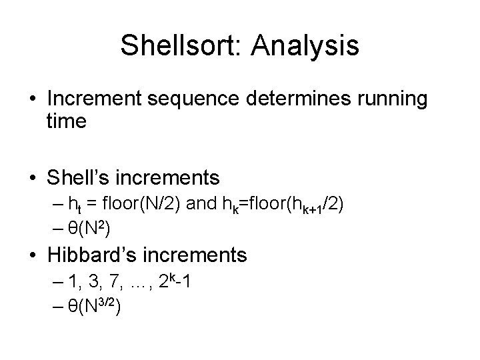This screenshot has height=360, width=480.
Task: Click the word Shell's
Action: click(x=82, y=177)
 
